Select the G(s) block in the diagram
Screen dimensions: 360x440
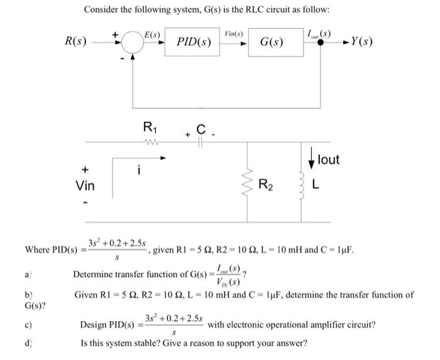271,43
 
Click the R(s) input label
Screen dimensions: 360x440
76,42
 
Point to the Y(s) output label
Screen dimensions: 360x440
363,43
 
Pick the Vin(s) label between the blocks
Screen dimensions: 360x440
234,32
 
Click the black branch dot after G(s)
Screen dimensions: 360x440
322,43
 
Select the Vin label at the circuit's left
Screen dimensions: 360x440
86,186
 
